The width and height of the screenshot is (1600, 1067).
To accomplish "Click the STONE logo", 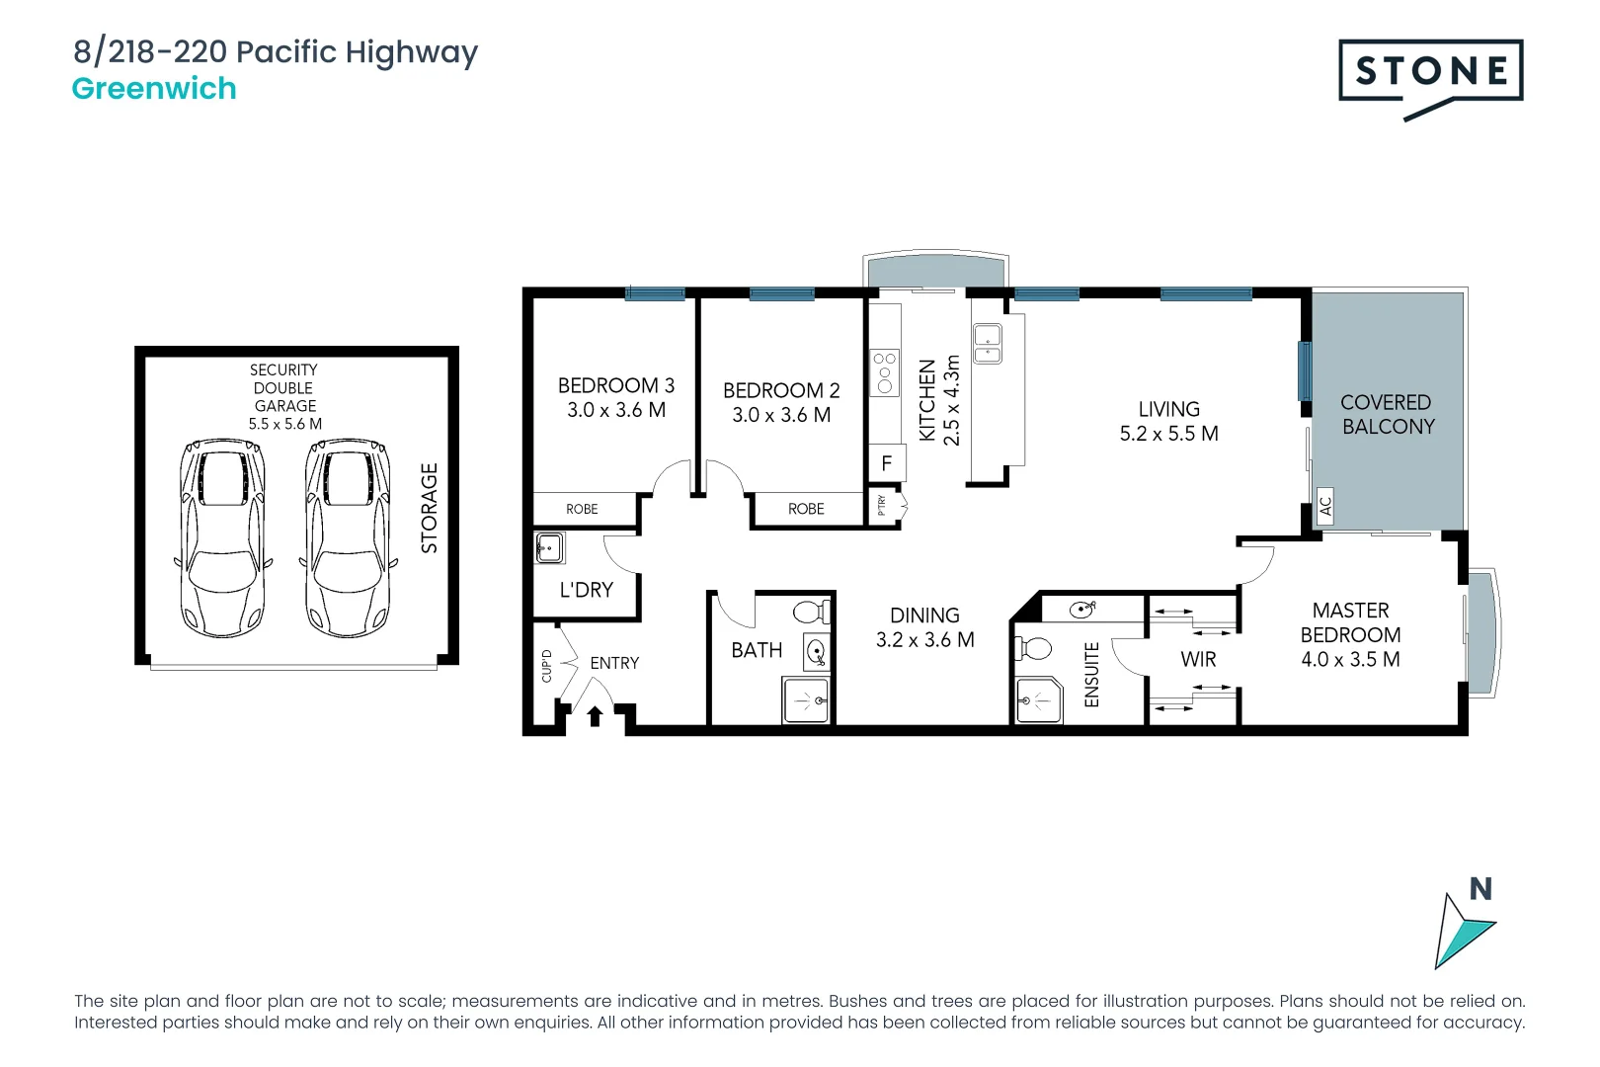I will click(1430, 72).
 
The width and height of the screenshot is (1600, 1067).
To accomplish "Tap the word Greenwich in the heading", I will click(154, 89).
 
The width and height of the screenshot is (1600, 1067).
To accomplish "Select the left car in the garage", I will click(222, 538).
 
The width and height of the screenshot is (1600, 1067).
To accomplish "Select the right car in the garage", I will click(348, 538).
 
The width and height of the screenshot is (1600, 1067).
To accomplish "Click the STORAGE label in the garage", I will click(429, 508).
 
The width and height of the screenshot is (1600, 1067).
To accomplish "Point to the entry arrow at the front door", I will click(596, 715).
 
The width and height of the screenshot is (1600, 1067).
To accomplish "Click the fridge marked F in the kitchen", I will click(886, 462).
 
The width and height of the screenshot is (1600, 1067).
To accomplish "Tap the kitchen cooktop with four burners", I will click(885, 372).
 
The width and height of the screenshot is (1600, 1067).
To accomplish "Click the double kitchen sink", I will click(988, 342).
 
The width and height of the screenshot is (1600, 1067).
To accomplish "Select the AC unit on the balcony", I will click(1325, 506).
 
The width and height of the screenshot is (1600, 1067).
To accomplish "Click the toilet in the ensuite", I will click(1033, 649).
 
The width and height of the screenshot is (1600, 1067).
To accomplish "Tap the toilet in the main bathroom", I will click(812, 612).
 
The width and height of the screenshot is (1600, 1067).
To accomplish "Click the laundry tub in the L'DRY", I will click(549, 547).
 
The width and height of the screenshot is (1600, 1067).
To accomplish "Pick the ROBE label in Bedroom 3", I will click(582, 509).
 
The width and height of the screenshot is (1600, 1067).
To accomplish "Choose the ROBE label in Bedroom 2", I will click(806, 509).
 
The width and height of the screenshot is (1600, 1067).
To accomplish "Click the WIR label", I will click(1198, 659).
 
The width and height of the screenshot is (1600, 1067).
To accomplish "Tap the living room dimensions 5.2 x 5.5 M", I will click(1168, 434).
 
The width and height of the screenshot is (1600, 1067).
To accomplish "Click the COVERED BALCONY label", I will click(1387, 415).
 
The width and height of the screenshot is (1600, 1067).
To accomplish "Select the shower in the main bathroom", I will click(806, 700).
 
